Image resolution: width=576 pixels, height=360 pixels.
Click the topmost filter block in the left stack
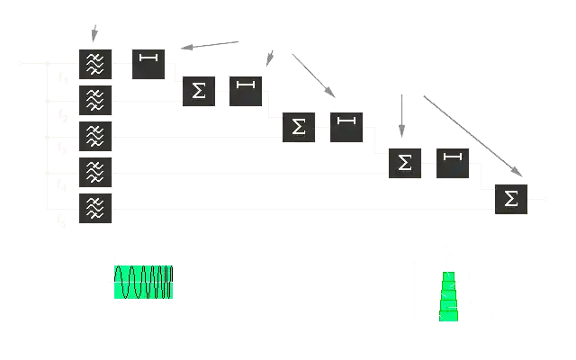(x=95, y=63)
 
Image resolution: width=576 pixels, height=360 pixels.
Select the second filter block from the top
(x=95, y=99)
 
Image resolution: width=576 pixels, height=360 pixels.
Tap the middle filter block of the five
(x=95, y=136)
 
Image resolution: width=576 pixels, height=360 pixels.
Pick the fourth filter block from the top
(x=95, y=171)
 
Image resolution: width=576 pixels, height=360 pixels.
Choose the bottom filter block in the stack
(x=95, y=208)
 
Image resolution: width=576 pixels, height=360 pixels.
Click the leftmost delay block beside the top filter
(x=148, y=62)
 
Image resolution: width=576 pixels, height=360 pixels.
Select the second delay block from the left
(x=244, y=90)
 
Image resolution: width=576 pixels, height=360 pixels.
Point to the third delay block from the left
(x=346, y=125)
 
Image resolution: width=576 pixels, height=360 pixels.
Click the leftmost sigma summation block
(x=198, y=91)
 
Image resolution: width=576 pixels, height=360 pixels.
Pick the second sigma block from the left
(x=298, y=127)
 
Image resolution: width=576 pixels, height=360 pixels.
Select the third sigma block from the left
(x=405, y=162)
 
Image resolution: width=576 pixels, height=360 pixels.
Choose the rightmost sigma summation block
(x=511, y=198)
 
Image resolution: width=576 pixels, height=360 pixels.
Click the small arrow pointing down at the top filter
(x=93, y=32)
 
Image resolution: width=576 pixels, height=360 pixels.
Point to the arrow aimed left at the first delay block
(x=209, y=43)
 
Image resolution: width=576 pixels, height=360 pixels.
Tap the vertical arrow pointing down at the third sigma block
(x=399, y=117)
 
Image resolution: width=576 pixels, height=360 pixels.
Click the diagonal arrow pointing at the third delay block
(x=312, y=76)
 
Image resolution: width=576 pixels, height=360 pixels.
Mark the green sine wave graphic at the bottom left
(x=140, y=282)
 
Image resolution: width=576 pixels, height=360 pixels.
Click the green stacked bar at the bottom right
(x=448, y=294)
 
